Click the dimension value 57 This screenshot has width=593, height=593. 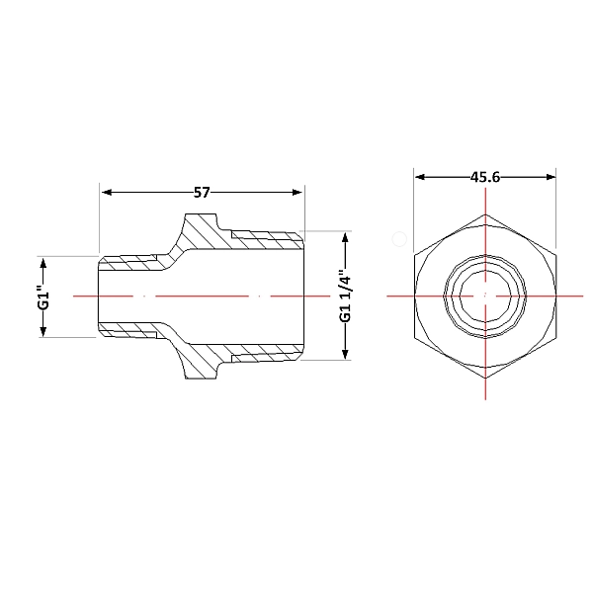pos(202,193)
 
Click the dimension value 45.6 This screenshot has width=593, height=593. pos(485,177)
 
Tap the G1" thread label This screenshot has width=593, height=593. pos(44,299)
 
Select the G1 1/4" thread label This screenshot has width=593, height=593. pos(345,296)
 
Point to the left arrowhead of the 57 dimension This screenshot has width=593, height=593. pos(107,193)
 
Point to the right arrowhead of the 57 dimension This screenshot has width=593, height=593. pos(297,193)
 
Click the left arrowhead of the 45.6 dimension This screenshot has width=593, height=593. pos(420,177)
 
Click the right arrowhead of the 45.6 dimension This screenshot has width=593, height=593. pos(551,177)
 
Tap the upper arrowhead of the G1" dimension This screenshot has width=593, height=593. pos(43,263)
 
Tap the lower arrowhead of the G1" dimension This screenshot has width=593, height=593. pos(43,332)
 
